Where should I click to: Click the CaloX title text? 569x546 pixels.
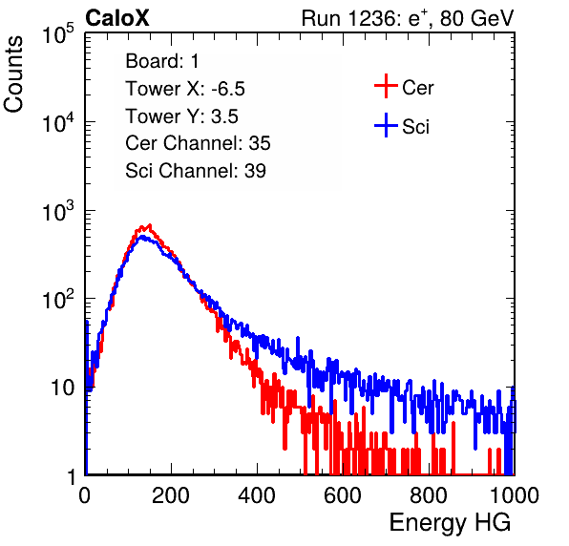(117, 18)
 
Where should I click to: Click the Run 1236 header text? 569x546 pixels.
(408, 18)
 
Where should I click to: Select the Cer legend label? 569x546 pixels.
(417, 88)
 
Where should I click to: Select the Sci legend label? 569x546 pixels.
(415, 127)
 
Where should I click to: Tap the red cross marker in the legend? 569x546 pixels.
(386, 86)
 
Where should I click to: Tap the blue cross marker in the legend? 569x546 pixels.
(386, 125)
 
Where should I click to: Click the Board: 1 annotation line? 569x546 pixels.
(162, 61)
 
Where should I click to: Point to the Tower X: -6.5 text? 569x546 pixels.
(185, 89)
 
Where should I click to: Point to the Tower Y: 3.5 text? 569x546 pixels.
(181, 116)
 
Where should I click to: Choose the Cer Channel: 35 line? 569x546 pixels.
(198, 143)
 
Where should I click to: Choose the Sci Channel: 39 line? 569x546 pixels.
(196, 171)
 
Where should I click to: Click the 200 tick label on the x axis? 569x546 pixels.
(171, 495)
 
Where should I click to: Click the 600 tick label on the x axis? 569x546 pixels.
(343, 495)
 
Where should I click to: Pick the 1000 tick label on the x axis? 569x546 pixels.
(515, 495)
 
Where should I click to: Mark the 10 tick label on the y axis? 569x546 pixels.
(63, 388)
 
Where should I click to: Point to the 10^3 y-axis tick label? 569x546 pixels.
(58, 211)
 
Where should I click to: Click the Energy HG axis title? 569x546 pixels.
(450, 523)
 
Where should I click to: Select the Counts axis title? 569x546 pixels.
(13, 74)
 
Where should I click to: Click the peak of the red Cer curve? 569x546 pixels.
(150, 225)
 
